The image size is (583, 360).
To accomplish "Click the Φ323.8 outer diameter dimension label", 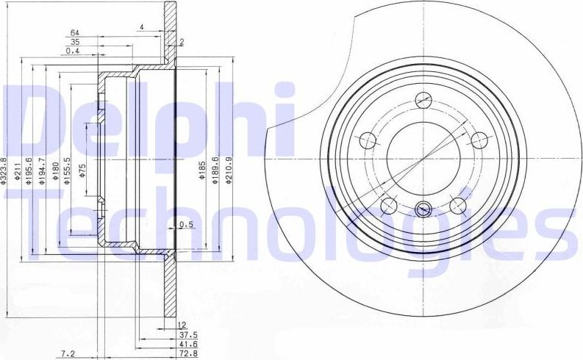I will (5, 170).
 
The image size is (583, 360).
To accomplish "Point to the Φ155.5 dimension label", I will (67, 171).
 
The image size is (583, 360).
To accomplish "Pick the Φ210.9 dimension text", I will (230, 171).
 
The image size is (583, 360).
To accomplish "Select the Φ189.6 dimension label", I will (215, 171).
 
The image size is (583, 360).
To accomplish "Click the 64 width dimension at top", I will (75, 33).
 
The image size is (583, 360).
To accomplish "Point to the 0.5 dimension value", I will (186, 225).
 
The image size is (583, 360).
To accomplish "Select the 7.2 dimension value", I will (68, 354).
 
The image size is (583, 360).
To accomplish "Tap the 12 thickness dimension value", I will (182, 323).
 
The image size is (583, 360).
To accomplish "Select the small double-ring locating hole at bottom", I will (423, 209).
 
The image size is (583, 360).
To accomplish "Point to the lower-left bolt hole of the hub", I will (387, 204).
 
